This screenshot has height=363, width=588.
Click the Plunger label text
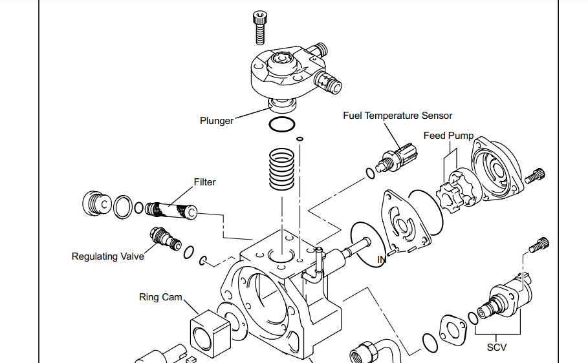216,121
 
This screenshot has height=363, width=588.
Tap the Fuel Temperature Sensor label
397,116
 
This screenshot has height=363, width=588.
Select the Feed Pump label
448,136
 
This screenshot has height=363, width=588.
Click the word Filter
204,182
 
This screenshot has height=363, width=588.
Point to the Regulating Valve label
107,256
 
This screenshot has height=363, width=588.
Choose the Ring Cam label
160,297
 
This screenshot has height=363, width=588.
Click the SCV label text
497,347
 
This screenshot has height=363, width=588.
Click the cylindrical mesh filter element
170,210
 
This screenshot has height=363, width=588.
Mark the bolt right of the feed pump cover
538,175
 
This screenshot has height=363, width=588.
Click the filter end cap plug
96,205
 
